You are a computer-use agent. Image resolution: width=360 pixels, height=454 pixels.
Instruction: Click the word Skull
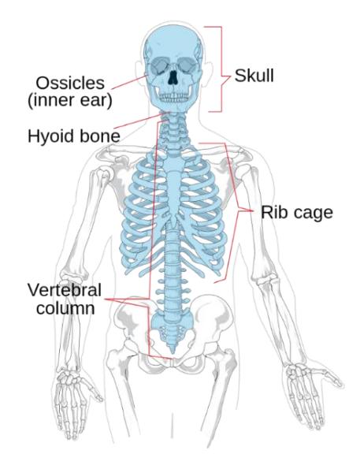(x=254, y=76)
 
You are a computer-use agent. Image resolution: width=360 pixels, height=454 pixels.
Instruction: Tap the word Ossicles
(x=70, y=83)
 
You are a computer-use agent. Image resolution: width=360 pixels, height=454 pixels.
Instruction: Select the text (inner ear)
(x=70, y=100)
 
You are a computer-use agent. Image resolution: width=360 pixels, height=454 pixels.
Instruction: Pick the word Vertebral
(x=65, y=290)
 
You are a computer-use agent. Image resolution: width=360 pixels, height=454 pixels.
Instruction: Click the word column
(x=65, y=308)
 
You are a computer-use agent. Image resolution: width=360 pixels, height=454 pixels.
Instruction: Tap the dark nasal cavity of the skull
(x=173, y=77)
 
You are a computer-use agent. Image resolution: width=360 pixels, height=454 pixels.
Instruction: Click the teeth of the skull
(x=173, y=97)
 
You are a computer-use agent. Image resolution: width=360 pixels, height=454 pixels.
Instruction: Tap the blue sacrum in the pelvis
(x=173, y=327)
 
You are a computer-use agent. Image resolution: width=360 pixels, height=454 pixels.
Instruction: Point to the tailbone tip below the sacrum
(x=173, y=351)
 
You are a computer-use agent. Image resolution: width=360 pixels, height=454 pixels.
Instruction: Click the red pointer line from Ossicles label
(x=129, y=81)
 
